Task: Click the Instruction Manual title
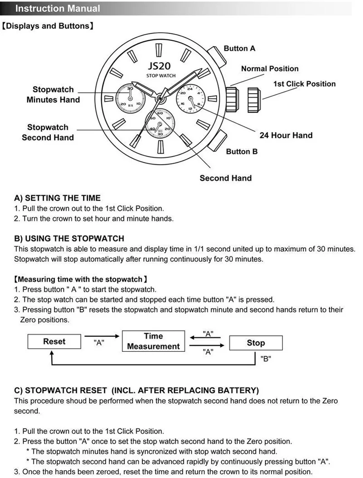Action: click(58, 8)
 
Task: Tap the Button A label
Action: click(239, 48)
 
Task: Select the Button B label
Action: click(242, 151)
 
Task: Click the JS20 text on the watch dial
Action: click(159, 66)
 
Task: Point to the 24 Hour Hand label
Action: click(286, 135)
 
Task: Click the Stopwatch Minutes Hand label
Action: click(53, 95)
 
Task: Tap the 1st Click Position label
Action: click(305, 84)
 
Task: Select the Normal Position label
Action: click(270, 69)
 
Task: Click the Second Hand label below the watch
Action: click(226, 178)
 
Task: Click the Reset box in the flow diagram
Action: click(54, 341)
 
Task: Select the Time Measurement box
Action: click(153, 341)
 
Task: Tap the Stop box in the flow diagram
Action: click(256, 343)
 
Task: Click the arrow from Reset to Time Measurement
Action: click(102, 336)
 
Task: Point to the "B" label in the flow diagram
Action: click(266, 359)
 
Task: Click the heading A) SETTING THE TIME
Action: click(57, 198)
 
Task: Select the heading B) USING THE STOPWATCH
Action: click(69, 238)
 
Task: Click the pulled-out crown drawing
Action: click(253, 100)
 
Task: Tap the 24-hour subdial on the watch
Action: click(190, 99)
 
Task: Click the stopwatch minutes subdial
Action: click(131, 99)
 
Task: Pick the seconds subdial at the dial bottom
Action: click(160, 123)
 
